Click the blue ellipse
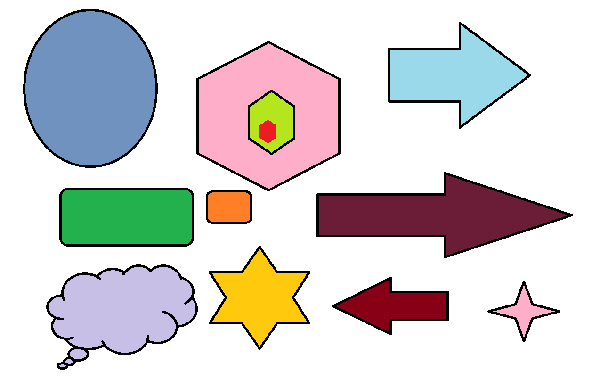click(90, 88)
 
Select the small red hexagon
click(268, 132)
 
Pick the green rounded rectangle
click(127, 217)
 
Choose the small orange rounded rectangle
click(229, 206)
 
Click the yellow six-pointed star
click(259, 297)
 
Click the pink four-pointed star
click(524, 311)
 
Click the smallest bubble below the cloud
click(62, 366)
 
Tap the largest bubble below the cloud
click(78, 354)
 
